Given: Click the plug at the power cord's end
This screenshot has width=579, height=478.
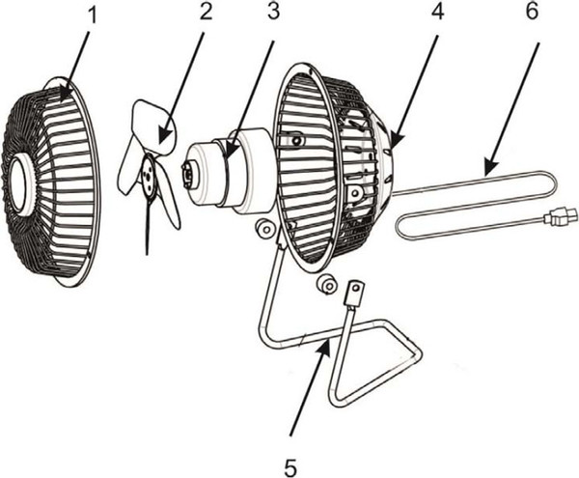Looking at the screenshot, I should (x=560, y=217).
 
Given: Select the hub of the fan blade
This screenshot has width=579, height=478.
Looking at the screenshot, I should (x=148, y=173).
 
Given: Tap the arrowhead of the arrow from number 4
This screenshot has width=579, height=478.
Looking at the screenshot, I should (x=395, y=150).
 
